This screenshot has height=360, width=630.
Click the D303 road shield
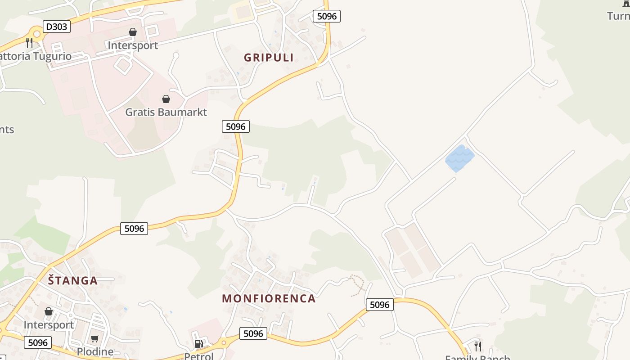[x=56, y=27]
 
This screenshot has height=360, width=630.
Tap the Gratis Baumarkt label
[x=166, y=112]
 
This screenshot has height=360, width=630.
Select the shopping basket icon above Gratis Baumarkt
[x=166, y=99]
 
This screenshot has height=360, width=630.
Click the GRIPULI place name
[x=269, y=58]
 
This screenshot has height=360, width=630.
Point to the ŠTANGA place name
[x=73, y=281]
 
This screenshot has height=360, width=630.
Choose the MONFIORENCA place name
[x=269, y=298]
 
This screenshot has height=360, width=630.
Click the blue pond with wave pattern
[x=459, y=158]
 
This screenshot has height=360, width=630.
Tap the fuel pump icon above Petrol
[x=198, y=344]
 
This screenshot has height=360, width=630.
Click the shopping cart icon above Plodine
[x=95, y=338]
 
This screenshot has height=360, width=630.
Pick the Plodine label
[x=95, y=351]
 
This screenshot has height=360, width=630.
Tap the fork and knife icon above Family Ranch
[x=478, y=346]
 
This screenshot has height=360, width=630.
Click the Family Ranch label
[x=477, y=357]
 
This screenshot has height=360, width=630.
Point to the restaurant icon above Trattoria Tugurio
[x=29, y=43]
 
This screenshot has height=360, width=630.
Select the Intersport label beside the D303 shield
[x=133, y=45]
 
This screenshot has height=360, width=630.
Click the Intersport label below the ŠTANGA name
[x=49, y=325]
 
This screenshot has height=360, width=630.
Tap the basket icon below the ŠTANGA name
[x=49, y=311]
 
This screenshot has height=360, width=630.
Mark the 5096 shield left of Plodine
[x=37, y=342]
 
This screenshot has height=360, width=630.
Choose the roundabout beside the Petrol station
[x=224, y=343]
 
